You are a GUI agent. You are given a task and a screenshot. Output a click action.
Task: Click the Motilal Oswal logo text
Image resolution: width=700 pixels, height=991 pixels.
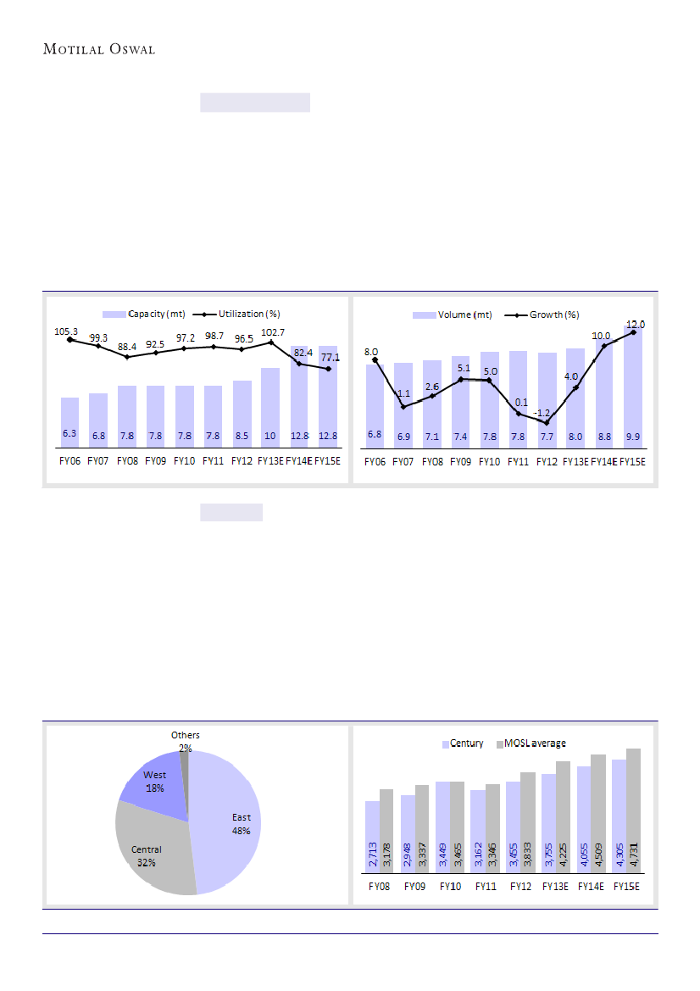click(x=99, y=49)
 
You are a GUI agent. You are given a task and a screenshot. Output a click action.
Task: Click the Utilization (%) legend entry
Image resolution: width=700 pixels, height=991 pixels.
click(x=245, y=315)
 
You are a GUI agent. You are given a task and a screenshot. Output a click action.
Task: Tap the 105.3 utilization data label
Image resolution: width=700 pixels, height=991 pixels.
click(x=67, y=331)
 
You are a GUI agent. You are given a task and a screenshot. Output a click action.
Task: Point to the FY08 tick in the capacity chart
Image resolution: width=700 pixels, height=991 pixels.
click(x=127, y=462)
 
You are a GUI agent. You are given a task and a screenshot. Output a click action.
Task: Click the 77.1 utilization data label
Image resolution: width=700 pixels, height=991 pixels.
click(x=330, y=358)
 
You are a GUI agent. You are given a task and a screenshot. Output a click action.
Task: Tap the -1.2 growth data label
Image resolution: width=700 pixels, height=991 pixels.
click(x=542, y=412)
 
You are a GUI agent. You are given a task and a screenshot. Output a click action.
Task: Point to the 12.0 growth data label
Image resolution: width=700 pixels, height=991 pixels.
click(x=636, y=324)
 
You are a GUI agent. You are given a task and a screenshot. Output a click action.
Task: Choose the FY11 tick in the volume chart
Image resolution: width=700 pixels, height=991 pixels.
click(x=518, y=462)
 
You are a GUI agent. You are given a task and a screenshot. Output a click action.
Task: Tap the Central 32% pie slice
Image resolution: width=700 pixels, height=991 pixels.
click(x=153, y=852)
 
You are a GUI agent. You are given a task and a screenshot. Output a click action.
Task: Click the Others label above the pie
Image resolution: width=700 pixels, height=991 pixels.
click(x=185, y=735)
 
